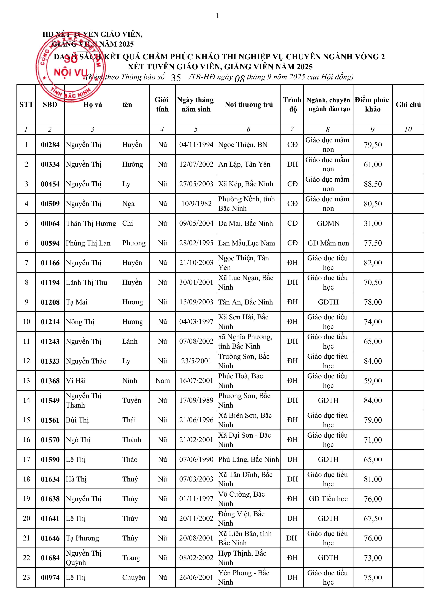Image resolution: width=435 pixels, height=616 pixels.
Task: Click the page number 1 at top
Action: click(x=217, y=16)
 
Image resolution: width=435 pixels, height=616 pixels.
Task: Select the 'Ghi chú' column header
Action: click(x=408, y=105)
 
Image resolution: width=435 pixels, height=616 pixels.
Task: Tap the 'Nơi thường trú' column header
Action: click(x=249, y=105)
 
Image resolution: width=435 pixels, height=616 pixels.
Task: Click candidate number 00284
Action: click(x=50, y=145)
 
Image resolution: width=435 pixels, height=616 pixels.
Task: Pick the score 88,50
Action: click(x=373, y=184)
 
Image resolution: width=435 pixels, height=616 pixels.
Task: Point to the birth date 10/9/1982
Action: click(x=196, y=204)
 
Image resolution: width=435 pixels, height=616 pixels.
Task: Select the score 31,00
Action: click(x=373, y=224)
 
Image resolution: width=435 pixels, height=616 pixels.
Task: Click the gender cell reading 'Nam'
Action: click(x=162, y=381)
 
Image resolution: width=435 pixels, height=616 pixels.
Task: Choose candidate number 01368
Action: click(x=50, y=381)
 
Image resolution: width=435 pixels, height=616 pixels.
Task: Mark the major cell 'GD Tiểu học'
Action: click(x=328, y=499)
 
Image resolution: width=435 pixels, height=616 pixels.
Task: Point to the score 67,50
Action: click(x=373, y=519)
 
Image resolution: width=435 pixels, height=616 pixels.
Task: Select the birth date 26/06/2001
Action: click(x=196, y=577)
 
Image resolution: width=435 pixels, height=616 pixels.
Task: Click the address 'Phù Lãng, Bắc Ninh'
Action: click(x=248, y=459)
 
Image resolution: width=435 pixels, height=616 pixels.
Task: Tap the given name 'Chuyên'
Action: click(x=134, y=577)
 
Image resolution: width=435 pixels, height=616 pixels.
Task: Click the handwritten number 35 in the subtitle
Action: click(x=176, y=78)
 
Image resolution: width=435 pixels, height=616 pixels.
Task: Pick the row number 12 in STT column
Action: click(x=26, y=361)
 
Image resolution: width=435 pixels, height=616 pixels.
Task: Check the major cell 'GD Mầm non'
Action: click(x=328, y=243)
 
